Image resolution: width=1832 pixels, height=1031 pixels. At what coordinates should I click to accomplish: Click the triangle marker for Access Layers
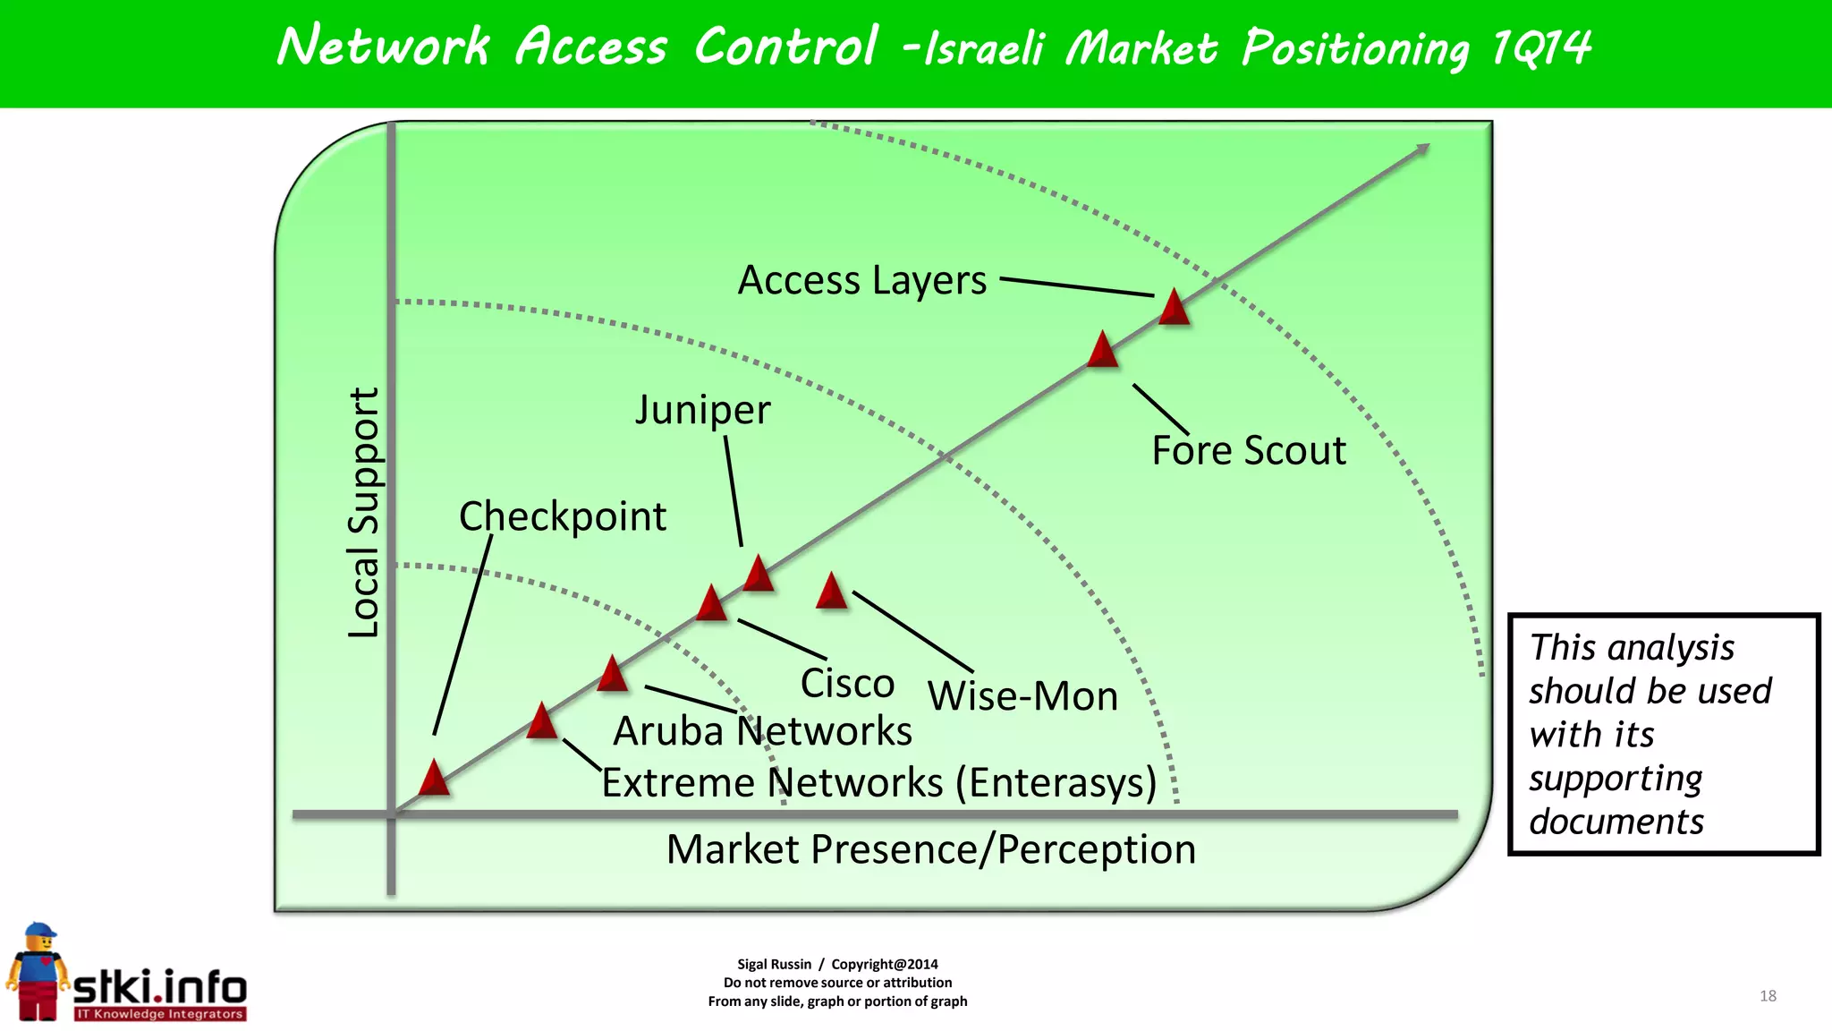click(x=1174, y=309)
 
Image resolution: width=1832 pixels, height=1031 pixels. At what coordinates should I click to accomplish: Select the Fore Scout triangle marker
click(x=1103, y=351)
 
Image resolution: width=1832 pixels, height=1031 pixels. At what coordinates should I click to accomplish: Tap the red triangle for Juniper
click(x=759, y=575)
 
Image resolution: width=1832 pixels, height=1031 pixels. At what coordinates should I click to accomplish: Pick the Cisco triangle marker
click(x=712, y=604)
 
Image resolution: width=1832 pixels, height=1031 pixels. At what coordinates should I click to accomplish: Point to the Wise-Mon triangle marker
click(x=832, y=592)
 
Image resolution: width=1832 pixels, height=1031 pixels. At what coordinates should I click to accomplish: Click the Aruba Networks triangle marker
click(x=613, y=675)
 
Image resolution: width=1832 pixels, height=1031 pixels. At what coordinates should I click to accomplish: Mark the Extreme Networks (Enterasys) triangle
click(x=542, y=722)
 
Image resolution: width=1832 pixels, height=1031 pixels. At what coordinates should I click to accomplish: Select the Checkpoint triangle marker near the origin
click(x=434, y=779)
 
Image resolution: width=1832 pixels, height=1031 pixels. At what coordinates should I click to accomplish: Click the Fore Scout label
click(x=1248, y=450)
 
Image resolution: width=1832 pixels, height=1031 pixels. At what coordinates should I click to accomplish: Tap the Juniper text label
click(x=702, y=411)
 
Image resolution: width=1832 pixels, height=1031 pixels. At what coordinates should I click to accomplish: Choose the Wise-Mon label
click(x=1022, y=696)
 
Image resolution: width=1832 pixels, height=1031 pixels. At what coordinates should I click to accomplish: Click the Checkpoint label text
click(x=562, y=516)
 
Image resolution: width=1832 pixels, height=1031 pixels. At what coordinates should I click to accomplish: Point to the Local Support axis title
click(x=364, y=513)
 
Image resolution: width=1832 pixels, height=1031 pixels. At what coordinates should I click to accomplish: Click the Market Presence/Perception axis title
click(x=930, y=849)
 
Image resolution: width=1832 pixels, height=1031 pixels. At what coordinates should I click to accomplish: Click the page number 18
click(x=1768, y=996)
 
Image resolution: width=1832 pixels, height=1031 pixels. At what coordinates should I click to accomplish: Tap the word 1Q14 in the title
click(x=1540, y=47)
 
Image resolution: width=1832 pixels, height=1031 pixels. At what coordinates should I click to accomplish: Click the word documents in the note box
click(x=1616, y=822)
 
